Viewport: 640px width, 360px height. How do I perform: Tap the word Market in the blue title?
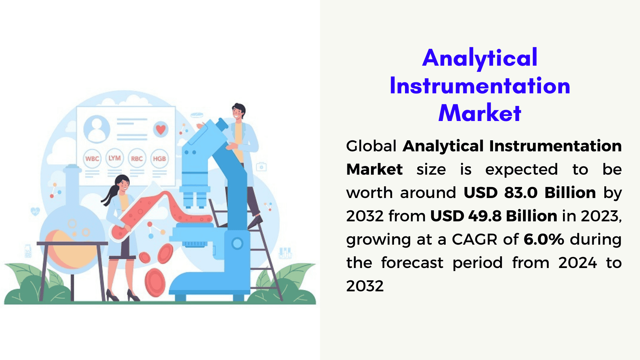pos(480,113)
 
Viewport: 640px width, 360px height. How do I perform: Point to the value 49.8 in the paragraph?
pos(485,216)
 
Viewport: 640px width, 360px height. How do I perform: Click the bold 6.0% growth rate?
pos(544,239)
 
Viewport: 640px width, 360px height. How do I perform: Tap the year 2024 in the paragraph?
pos(578,263)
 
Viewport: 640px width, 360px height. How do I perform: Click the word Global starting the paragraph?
pos(371,146)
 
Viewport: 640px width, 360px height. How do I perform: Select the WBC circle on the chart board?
pos(92,159)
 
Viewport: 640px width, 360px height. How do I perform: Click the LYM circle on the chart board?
pos(115,158)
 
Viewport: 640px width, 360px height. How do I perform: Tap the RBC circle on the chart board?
pos(137,158)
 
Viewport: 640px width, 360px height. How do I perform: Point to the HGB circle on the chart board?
pos(159,159)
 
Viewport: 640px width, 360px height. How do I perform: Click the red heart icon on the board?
pos(161,129)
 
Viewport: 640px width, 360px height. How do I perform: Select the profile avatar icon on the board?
pos(97,129)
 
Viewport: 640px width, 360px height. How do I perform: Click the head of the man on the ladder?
pos(239,111)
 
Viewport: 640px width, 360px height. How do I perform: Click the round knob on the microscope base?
pos(237,243)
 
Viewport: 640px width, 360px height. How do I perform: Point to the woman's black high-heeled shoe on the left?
pos(112,295)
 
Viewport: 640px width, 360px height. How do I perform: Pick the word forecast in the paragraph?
pos(412,263)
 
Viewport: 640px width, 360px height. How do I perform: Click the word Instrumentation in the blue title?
pos(480,86)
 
